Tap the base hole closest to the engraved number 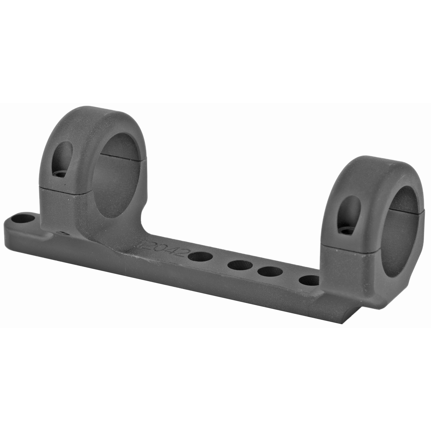tap(200, 257)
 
